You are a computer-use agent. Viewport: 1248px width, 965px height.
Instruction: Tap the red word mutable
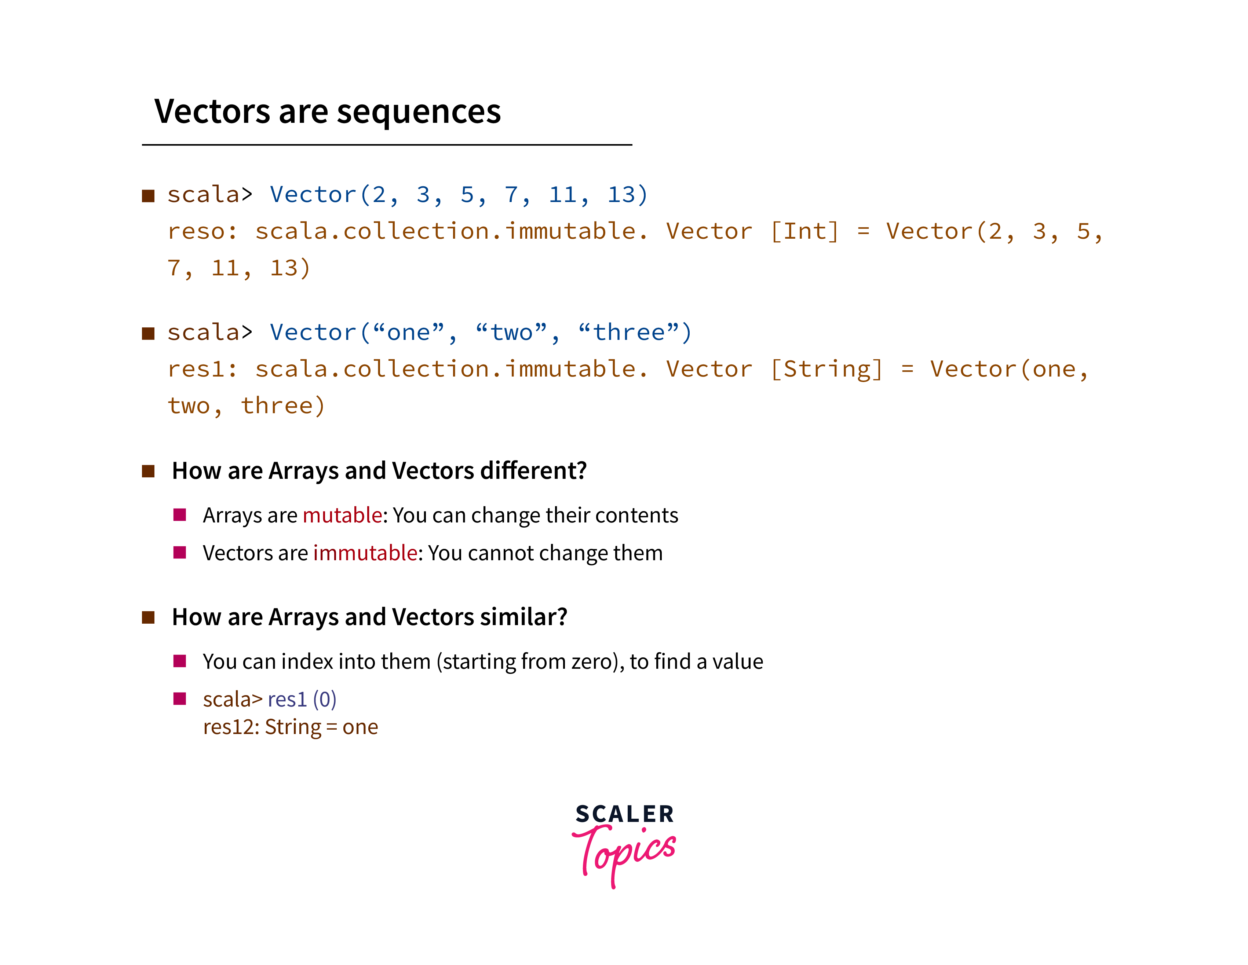(x=342, y=515)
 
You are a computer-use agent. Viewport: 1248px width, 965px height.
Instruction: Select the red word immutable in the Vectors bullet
(x=365, y=553)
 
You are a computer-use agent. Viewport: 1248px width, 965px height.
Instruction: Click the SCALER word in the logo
(x=625, y=814)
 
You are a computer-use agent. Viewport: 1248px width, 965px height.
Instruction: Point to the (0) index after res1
(x=325, y=700)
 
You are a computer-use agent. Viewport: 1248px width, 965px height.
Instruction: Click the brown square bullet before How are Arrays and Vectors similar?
(x=149, y=617)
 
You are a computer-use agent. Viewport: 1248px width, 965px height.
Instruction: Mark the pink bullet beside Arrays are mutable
(x=180, y=515)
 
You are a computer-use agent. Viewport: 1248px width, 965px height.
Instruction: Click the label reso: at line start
(x=202, y=232)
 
